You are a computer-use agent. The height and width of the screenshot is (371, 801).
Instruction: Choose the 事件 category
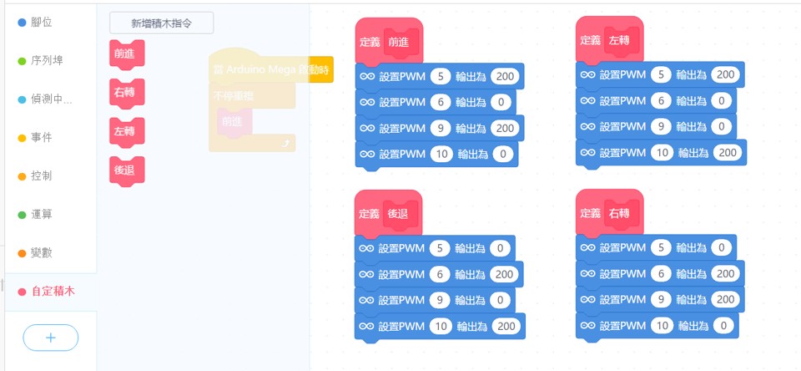tap(41, 137)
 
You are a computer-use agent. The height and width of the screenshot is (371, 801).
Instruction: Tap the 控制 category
tap(41, 175)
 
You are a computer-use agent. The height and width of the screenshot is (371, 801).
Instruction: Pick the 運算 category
tap(41, 214)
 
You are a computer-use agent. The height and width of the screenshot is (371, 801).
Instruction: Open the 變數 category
tap(41, 252)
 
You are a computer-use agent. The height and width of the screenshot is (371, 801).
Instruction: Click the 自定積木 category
tap(52, 291)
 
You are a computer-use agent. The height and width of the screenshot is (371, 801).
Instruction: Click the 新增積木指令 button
tap(161, 23)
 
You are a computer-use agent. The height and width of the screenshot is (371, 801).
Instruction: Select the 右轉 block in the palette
tap(126, 93)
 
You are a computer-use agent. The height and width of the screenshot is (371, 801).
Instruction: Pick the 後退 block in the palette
tap(126, 170)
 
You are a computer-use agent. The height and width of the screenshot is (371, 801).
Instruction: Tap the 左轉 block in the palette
tap(126, 131)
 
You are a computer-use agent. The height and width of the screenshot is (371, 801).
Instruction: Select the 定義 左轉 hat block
tap(591, 40)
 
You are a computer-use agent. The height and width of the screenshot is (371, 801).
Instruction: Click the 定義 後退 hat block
tap(370, 214)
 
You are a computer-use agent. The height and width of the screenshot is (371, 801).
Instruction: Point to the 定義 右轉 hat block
tap(591, 213)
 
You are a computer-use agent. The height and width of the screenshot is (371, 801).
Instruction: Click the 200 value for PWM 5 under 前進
tap(505, 77)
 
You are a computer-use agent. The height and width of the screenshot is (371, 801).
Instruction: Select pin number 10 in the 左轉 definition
tap(660, 153)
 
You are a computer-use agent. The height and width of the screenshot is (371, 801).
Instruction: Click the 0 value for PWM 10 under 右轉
tap(724, 325)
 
